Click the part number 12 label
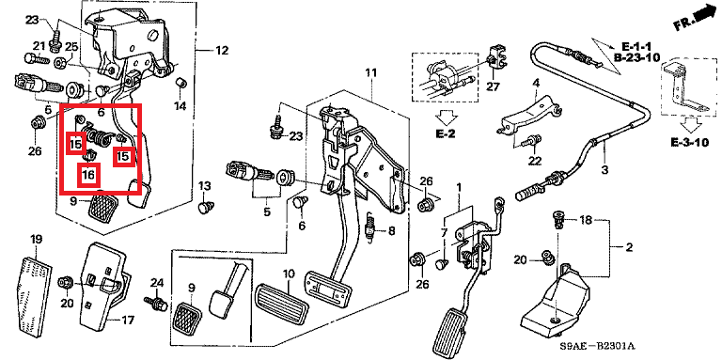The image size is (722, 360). (222, 50)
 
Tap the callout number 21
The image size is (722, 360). (39, 45)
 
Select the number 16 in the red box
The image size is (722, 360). (88, 175)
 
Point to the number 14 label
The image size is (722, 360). (180, 106)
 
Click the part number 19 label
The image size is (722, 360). (37, 240)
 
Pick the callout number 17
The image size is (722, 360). (127, 319)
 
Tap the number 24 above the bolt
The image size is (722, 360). (157, 282)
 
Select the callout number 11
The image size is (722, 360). (371, 72)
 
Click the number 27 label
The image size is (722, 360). (493, 86)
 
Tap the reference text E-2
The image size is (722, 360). (446, 134)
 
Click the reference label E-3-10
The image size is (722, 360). (689, 143)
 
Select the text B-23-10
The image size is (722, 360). (637, 57)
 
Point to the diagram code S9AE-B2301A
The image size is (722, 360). (598, 345)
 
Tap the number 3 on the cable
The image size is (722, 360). (604, 170)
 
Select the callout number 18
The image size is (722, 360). (586, 221)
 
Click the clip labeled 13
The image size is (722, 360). (204, 207)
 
